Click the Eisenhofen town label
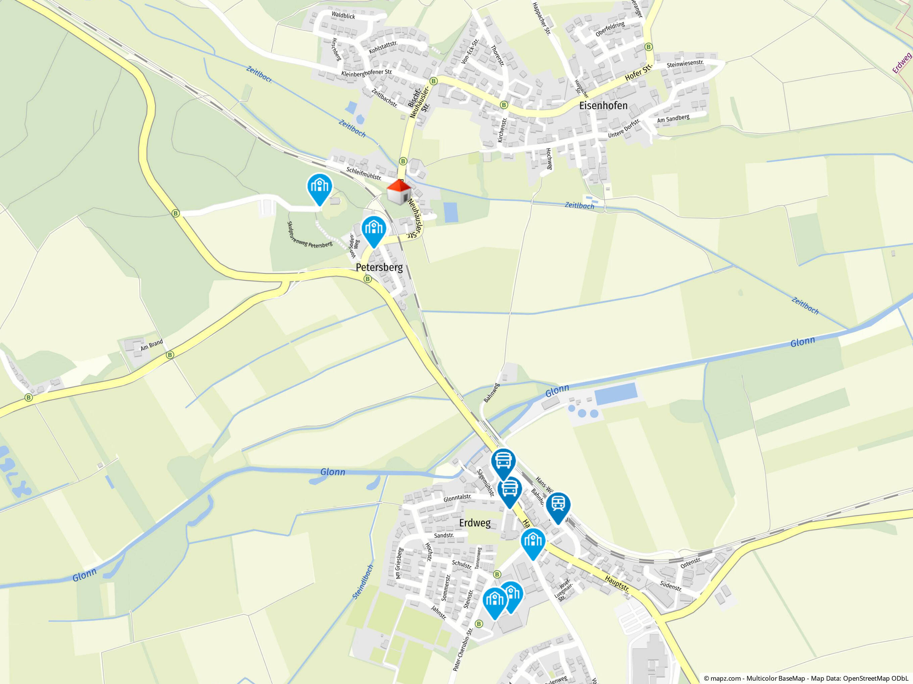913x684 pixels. coord(603,106)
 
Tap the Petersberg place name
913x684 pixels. coord(379,268)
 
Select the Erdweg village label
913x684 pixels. coord(475,523)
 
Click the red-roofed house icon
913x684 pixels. coord(399,192)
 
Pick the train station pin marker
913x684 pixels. coord(558,507)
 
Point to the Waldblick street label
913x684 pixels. coord(343,16)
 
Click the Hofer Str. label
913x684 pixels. coord(638,72)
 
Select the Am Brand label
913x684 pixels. coord(151,345)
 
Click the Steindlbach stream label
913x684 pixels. coord(363,582)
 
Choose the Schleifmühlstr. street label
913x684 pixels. coord(364,174)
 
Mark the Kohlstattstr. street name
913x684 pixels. coord(383,47)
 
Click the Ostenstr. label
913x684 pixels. coord(690,563)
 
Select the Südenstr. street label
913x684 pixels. coord(670,586)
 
